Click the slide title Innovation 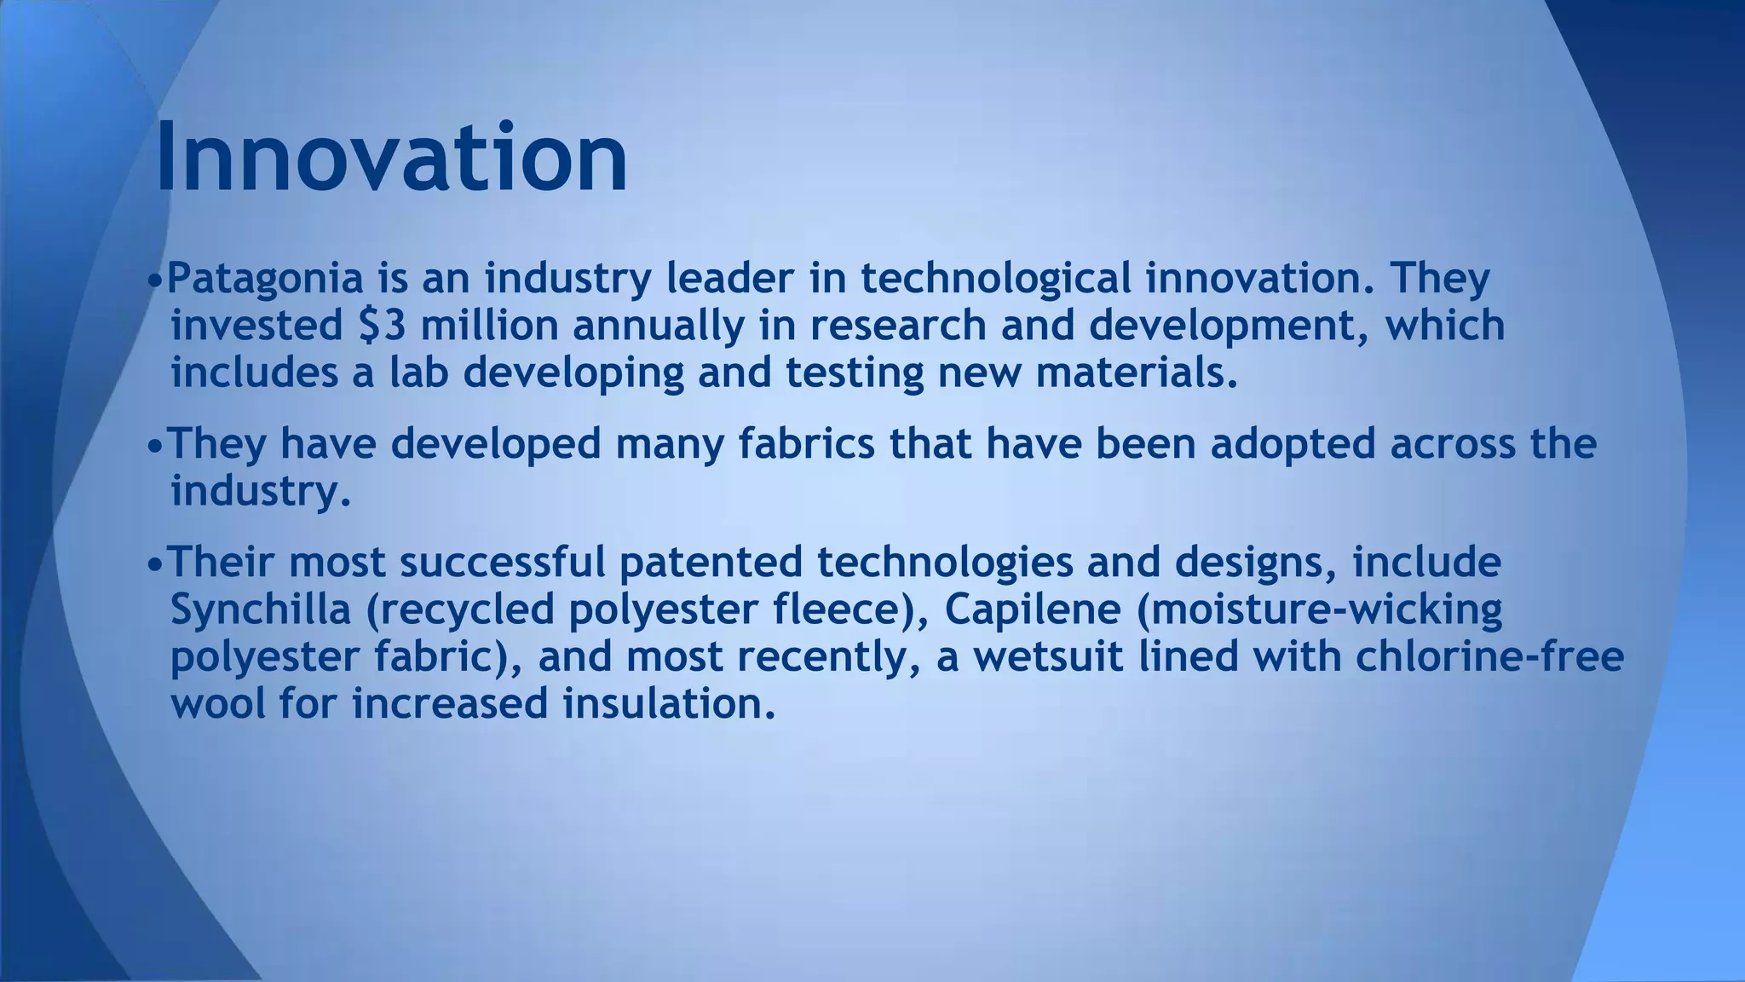point(391,159)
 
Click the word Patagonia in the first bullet point(265,279)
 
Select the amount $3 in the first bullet point(381,326)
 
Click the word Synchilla point(261,609)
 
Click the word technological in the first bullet point(996,280)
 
